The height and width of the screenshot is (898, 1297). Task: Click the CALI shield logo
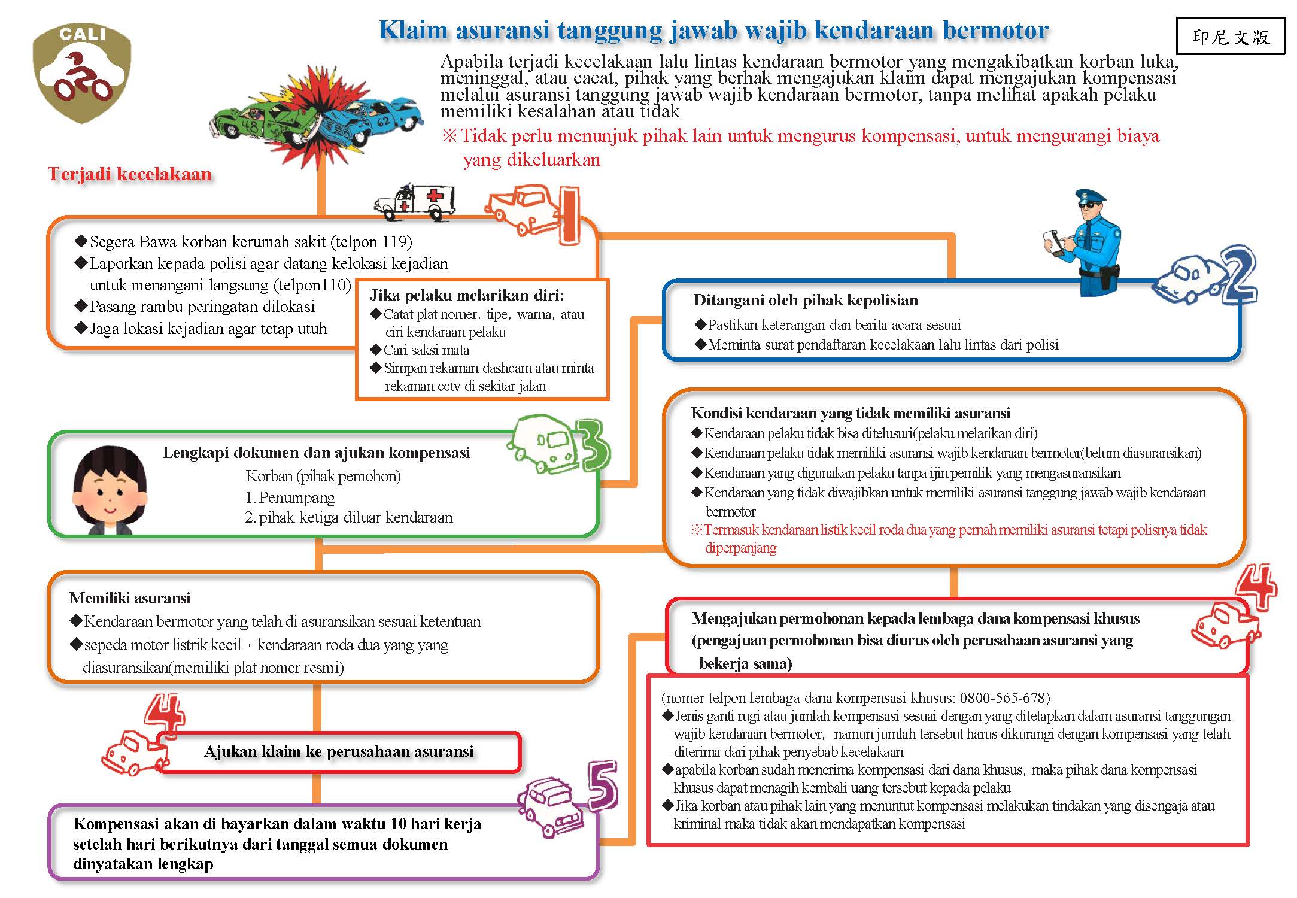[x=82, y=72]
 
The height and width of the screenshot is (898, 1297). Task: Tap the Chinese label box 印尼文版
[x=1230, y=37]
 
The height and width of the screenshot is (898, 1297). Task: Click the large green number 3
[x=593, y=446]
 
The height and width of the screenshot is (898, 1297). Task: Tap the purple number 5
[x=602, y=784]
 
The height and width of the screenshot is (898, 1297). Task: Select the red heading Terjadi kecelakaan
[x=130, y=174]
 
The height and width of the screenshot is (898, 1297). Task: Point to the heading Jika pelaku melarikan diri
[x=466, y=295]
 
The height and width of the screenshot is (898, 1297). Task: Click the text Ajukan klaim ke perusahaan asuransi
[x=339, y=751]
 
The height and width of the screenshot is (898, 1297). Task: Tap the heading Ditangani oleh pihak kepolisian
[x=805, y=300]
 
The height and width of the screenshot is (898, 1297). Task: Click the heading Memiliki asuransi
[x=130, y=598]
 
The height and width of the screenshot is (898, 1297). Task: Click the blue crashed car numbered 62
[x=371, y=120]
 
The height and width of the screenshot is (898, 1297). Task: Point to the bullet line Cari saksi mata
[x=426, y=350]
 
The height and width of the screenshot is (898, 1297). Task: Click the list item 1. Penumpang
[x=290, y=497]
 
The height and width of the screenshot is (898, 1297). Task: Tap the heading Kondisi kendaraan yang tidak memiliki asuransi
[x=850, y=413]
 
